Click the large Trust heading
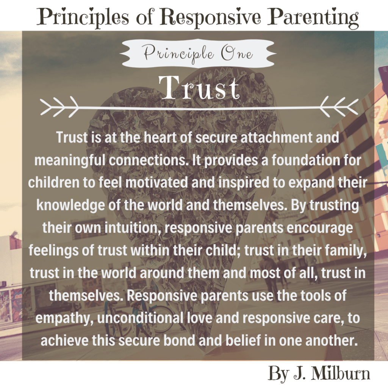[x=199, y=88]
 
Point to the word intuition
[x=131, y=228]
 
